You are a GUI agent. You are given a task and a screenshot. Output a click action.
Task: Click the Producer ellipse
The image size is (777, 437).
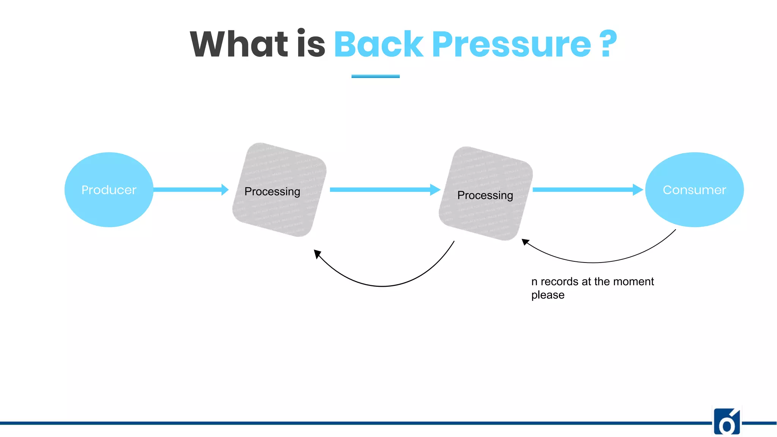pyautogui.click(x=109, y=190)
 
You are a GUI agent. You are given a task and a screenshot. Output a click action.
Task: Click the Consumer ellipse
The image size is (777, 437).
pyautogui.click(x=694, y=190)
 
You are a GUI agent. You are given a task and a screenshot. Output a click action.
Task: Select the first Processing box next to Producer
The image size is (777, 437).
pyautogui.click(x=280, y=190)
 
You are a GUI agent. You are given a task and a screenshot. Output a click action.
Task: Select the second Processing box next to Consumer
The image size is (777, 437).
pyautogui.click(x=486, y=193)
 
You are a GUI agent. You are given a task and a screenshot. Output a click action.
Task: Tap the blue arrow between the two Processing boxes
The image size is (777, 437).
pyautogui.click(x=383, y=189)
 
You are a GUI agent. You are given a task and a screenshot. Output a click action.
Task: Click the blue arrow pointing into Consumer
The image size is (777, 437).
pyautogui.click(x=586, y=189)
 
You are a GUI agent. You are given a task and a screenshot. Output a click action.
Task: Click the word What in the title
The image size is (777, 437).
pyautogui.click(x=239, y=44)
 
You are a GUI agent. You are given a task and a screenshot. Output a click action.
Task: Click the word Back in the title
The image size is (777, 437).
pyautogui.click(x=378, y=44)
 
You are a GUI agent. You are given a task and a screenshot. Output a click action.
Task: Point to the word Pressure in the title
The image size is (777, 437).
pyautogui.click(x=511, y=44)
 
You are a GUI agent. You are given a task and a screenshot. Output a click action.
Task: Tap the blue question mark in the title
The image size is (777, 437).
pyautogui.click(x=609, y=44)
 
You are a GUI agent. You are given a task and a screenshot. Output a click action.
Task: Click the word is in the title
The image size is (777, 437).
pyautogui.click(x=311, y=44)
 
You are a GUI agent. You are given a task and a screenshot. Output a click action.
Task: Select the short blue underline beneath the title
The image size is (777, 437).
pyautogui.click(x=375, y=76)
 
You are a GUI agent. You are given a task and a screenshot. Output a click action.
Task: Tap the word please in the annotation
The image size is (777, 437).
pyautogui.click(x=547, y=295)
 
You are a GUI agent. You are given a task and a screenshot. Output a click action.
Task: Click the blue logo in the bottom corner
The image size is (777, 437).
pyautogui.click(x=727, y=422)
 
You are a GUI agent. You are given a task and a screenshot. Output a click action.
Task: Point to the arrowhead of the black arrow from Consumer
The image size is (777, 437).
pyautogui.click(x=525, y=242)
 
